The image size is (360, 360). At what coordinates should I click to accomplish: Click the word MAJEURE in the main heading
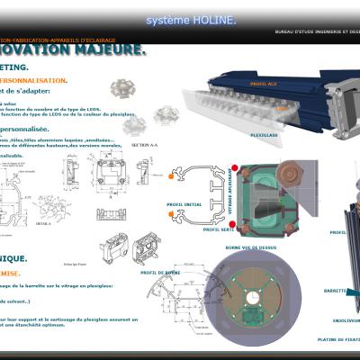[105, 49]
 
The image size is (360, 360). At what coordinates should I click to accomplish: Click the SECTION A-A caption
[144, 144]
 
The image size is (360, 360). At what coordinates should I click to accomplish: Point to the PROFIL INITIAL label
[184, 204]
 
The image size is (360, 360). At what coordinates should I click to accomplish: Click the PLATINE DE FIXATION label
[337, 339]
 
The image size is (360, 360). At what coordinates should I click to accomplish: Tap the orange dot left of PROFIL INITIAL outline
[171, 177]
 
